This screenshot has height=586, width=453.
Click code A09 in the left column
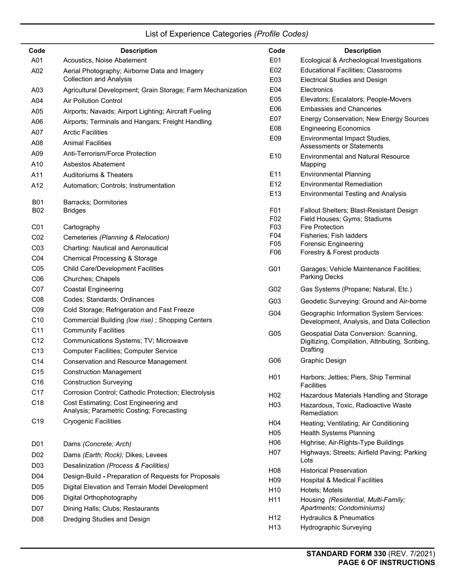tap(37, 154)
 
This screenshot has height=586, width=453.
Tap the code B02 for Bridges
tap(38, 211)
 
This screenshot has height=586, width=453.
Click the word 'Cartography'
tap(82, 227)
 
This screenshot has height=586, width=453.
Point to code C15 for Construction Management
tap(38, 372)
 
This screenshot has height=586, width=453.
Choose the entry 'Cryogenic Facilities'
tap(92, 422)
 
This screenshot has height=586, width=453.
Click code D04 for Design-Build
tap(38, 476)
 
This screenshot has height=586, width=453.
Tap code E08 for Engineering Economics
tap(276, 129)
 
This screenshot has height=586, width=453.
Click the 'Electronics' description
tap(317, 90)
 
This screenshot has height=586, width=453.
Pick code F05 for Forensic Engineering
tap(276, 244)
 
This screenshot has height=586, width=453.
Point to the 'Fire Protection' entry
tap(322, 227)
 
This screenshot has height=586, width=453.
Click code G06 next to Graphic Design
tap(275, 361)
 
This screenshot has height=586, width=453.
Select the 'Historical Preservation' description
tap(334, 471)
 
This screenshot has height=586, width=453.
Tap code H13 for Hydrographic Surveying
tap(275, 527)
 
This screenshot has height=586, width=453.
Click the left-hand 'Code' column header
tap(37, 51)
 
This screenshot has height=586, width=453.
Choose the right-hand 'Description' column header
tap(362, 51)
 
